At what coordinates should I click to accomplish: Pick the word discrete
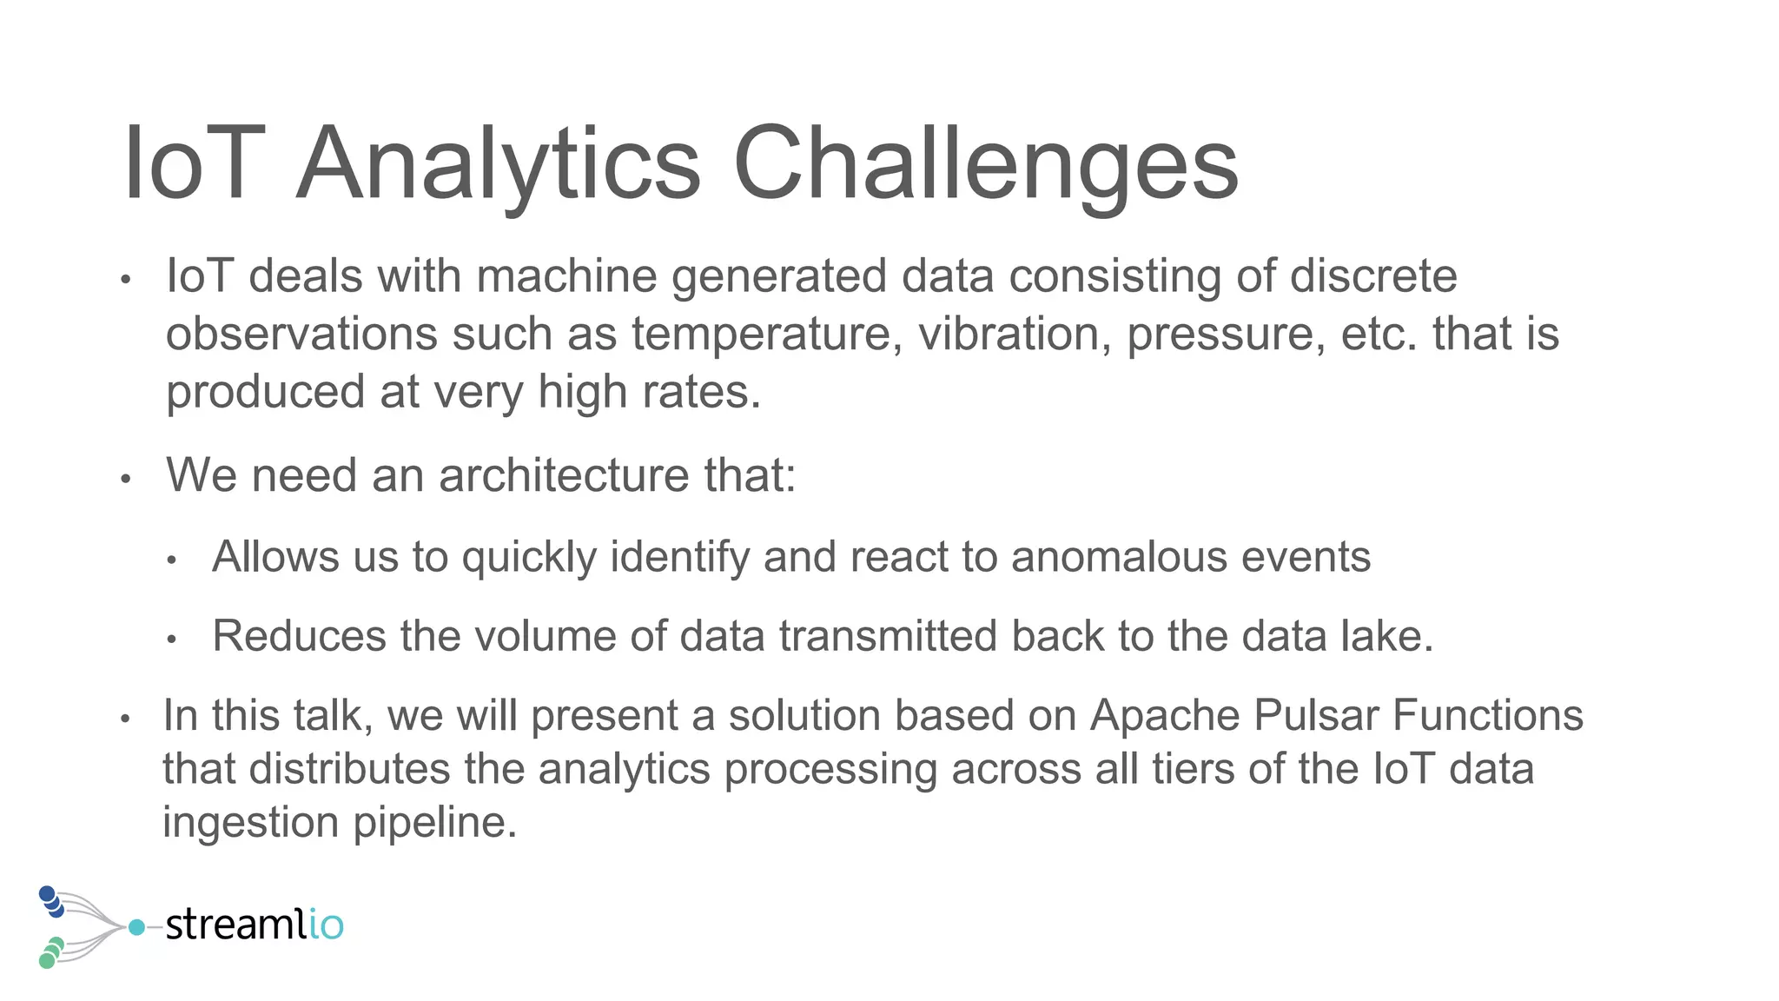tap(1373, 276)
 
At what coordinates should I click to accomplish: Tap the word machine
tap(566, 276)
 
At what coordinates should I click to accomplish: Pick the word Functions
tap(1488, 716)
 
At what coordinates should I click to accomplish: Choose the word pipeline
tap(435, 823)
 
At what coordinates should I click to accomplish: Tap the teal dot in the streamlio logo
tap(136, 927)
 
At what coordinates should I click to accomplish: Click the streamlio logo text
tap(254, 925)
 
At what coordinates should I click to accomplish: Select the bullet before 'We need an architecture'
tap(126, 479)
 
